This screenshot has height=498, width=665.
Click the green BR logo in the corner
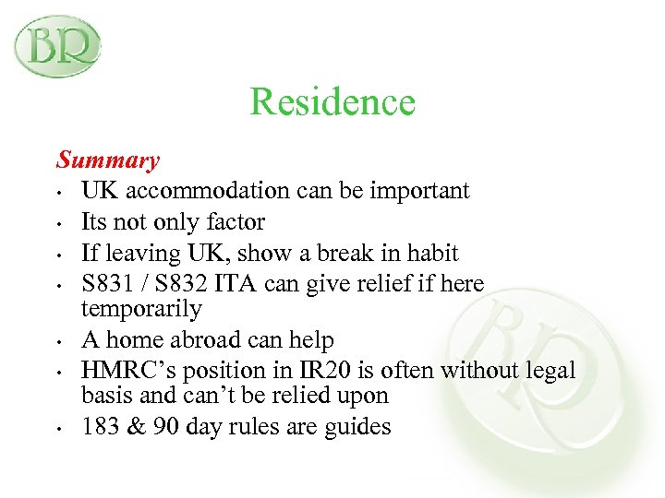(x=56, y=46)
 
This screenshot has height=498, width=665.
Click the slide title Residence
(x=332, y=101)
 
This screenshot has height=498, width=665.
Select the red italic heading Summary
(x=107, y=160)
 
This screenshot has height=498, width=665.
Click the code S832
(x=178, y=283)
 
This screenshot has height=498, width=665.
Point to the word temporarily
(x=141, y=308)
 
